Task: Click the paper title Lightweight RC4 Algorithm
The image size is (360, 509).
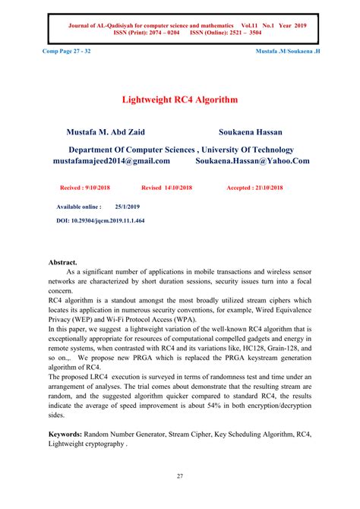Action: (x=180, y=100)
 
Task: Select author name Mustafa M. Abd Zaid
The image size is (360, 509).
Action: (x=111, y=131)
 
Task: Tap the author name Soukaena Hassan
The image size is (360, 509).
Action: (x=250, y=131)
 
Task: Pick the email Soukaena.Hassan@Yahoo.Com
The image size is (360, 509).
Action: (x=252, y=161)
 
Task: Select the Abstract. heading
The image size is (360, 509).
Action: (x=63, y=262)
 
